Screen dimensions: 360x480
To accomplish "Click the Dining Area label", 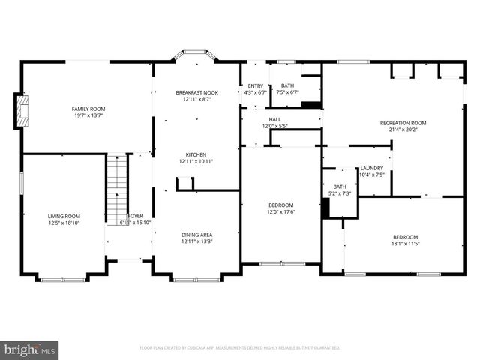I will pos(196,235).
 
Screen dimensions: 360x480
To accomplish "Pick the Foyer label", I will pos(136,216).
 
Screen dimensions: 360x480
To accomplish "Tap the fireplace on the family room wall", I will pos(22,112).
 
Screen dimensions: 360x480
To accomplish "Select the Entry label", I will pos(255,86).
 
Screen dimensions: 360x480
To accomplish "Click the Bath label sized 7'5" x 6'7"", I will pos(287,86).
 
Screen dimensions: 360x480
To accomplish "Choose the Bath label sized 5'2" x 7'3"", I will pos(340,187).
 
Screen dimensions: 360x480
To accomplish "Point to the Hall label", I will pos(275,119).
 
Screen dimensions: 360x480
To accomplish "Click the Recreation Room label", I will pos(403,122).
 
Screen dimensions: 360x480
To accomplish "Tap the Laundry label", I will pos(371,168).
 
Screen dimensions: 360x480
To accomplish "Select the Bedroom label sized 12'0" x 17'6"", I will pos(281,205).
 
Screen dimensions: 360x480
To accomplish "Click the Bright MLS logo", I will pos(30,349).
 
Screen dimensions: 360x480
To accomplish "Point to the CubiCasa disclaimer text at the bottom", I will pos(239,348).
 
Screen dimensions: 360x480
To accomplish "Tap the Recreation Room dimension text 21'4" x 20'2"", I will pos(403,129).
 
